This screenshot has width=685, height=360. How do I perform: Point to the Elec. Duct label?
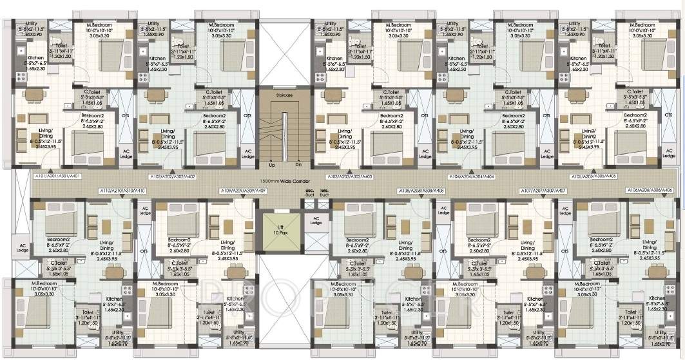(x=309, y=192)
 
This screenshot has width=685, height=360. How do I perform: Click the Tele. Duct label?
(x=324, y=192)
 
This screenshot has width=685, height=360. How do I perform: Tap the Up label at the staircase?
(x=272, y=165)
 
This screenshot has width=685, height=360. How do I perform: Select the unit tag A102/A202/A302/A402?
(x=173, y=176)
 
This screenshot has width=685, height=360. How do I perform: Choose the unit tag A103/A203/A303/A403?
(x=348, y=176)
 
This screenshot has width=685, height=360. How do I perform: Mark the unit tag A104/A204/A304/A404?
(x=472, y=176)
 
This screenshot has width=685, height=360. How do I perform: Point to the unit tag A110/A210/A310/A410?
(x=122, y=191)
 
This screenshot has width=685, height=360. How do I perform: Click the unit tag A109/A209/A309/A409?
(x=243, y=191)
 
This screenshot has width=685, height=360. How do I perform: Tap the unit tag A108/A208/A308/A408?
(x=421, y=191)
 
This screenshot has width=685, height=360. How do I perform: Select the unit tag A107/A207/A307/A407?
(x=543, y=191)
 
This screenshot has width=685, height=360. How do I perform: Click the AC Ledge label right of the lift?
(x=316, y=220)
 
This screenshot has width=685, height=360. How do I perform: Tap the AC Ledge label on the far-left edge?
(x=23, y=247)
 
